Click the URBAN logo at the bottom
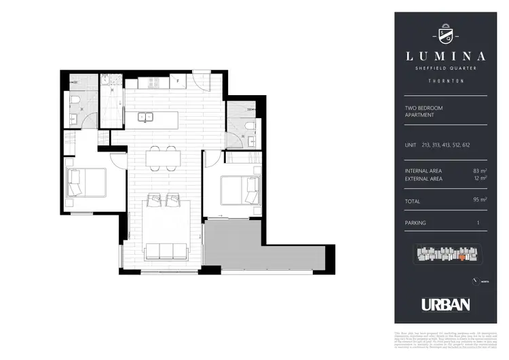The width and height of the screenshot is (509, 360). (445, 304)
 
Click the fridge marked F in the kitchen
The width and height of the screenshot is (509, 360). (177, 82)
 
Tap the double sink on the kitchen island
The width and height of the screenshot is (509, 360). (147, 117)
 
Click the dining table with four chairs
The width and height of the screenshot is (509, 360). (163, 158)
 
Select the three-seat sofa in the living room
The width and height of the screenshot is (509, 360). (166, 251)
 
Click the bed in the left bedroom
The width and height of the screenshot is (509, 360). (87, 182)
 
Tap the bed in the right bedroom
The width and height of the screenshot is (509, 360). (241, 190)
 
